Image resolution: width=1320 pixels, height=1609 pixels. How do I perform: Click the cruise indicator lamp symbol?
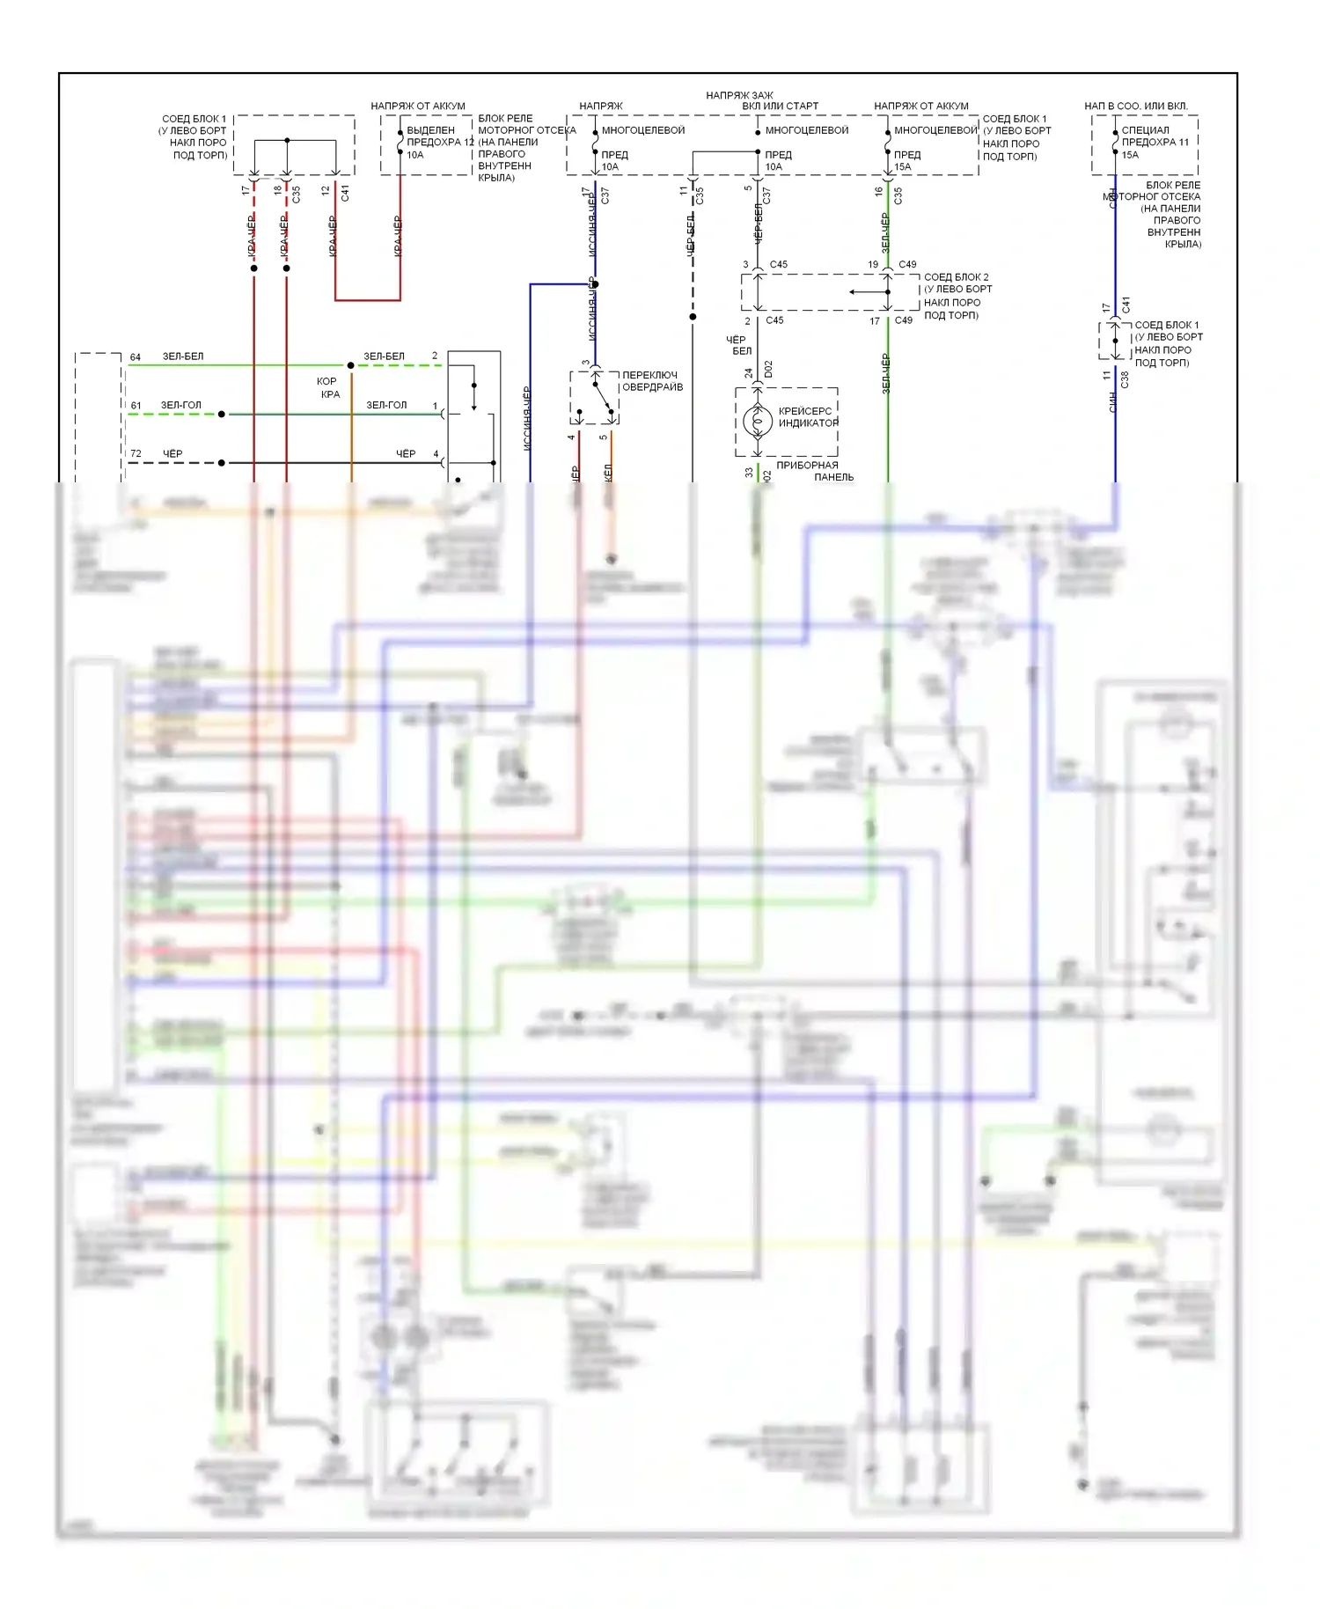tap(757, 421)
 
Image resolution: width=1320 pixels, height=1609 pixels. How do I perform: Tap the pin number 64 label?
tap(136, 357)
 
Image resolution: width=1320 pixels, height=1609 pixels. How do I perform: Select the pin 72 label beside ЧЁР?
tap(136, 454)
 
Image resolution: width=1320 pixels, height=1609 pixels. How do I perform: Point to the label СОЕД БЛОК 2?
tap(956, 277)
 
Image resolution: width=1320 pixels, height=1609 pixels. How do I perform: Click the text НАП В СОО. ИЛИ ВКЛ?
tap(1135, 107)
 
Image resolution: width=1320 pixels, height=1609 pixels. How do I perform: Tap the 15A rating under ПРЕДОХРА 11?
tap(1130, 155)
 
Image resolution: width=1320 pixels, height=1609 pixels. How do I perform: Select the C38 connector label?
tap(1125, 379)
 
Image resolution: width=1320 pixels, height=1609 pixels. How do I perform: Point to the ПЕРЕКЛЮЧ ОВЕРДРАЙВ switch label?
tap(652, 381)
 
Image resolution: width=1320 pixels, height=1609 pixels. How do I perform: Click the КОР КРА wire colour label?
tap(328, 388)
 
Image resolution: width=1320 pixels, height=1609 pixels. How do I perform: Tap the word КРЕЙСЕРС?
tap(804, 411)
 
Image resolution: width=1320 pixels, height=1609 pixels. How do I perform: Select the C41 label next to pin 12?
tap(345, 192)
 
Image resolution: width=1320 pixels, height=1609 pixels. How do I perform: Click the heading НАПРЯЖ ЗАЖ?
tap(739, 95)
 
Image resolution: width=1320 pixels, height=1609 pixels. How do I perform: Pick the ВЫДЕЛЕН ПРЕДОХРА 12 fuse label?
tap(440, 136)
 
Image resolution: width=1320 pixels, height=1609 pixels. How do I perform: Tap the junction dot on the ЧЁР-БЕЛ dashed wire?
tap(693, 317)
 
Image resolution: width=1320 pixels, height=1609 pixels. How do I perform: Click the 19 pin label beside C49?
tap(873, 264)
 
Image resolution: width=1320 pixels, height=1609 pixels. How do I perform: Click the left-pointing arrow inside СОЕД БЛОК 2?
tap(868, 292)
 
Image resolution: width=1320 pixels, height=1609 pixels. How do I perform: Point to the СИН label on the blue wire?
tap(1113, 403)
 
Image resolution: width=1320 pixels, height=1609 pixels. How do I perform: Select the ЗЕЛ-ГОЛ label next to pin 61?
tap(180, 406)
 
